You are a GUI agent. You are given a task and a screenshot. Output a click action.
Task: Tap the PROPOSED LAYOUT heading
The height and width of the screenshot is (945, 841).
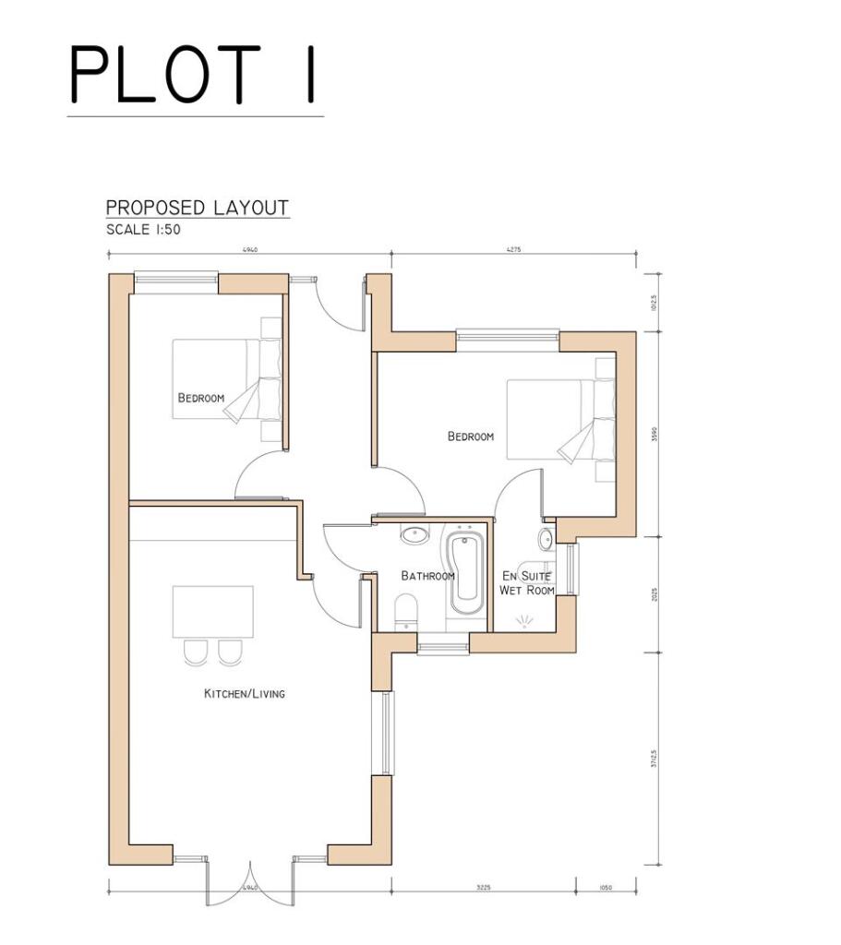pyautogui.click(x=197, y=208)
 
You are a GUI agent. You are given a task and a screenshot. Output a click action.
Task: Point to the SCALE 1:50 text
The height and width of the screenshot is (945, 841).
pyautogui.click(x=143, y=230)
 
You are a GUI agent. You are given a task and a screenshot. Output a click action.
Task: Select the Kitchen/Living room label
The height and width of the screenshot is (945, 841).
pyautogui.click(x=244, y=693)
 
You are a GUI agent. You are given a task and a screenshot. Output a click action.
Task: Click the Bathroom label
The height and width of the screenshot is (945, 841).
pyautogui.click(x=427, y=576)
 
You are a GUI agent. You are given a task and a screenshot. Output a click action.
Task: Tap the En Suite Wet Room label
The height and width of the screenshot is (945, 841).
pyautogui.click(x=526, y=583)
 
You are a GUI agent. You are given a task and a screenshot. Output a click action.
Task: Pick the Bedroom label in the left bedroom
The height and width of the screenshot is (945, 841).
pyautogui.click(x=201, y=398)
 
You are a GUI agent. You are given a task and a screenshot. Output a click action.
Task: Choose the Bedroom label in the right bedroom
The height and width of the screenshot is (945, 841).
pyautogui.click(x=471, y=437)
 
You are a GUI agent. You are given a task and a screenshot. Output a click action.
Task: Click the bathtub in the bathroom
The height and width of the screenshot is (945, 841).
pyautogui.click(x=464, y=574)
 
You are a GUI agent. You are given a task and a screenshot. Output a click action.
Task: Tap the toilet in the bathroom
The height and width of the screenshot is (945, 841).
pyautogui.click(x=404, y=612)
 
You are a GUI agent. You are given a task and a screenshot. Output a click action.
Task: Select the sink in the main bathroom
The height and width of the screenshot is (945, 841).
pyautogui.click(x=413, y=534)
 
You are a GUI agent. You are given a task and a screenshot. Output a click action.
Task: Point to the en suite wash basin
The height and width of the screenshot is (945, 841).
pyautogui.click(x=546, y=539)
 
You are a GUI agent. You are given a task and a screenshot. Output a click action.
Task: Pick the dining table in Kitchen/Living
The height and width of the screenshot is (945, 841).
pyautogui.click(x=212, y=611)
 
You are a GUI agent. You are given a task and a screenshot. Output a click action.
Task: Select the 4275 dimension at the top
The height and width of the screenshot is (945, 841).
pyautogui.click(x=514, y=249)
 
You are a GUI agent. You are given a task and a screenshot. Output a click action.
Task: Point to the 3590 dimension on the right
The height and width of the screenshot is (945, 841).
pyautogui.click(x=654, y=434)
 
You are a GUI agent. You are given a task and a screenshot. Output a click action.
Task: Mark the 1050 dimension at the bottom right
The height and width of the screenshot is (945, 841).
pyautogui.click(x=605, y=888)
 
